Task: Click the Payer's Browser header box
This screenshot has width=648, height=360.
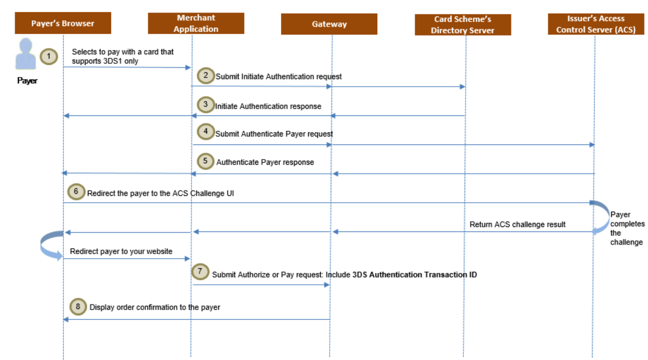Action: [x=63, y=24]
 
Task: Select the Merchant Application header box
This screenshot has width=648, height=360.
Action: [x=196, y=24]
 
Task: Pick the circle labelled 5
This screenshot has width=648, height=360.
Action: [x=206, y=161]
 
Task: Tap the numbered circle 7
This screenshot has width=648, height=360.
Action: [x=199, y=271]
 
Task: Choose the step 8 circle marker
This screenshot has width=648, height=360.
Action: [x=78, y=307]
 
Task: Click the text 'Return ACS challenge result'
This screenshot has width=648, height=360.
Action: [x=517, y=224]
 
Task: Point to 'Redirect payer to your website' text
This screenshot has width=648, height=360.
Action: [x=121, y=251]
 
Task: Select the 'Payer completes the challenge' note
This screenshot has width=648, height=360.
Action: [x=626, y=229]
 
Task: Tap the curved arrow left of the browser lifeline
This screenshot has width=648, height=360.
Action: [x=52, y=245]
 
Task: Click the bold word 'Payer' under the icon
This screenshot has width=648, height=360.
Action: [x=27, y=81]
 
